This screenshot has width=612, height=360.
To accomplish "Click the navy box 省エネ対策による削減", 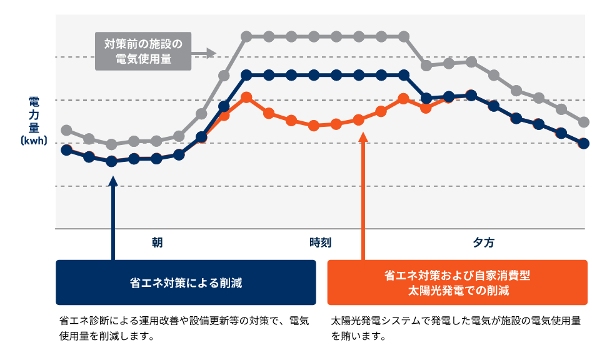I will [186, 282].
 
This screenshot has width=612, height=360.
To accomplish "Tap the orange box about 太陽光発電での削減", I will [457, 282].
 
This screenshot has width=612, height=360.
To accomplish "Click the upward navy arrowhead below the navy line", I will [113, 181].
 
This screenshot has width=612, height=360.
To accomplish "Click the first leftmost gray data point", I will [66, 130].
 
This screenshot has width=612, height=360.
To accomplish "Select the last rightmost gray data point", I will [584, 122].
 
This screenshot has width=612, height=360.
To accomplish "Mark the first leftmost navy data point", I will [66, 150].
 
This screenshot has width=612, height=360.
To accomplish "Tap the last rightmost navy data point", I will [584, 143].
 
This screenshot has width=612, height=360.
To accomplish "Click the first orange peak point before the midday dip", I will [246, 97].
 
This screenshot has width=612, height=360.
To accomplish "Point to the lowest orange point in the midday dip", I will [314, 126].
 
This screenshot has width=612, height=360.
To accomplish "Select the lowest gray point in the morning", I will [111, 144].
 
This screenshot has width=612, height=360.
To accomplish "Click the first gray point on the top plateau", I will [246, 37].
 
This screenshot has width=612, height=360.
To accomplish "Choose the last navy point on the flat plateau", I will [404, 76].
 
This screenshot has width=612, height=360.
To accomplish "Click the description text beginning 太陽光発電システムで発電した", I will [456, 328].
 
